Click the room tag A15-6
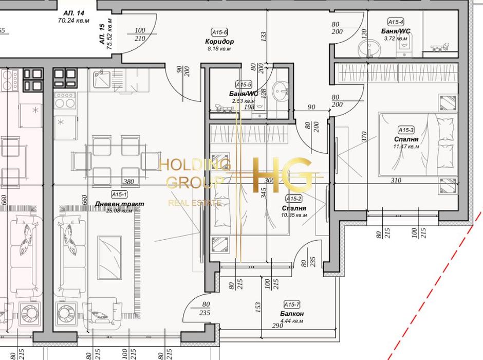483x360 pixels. [220, 32]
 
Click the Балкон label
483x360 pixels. [292, 313]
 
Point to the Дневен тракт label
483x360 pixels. [120, 204]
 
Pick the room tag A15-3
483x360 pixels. [406, 130]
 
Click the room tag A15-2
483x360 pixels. [294, 199]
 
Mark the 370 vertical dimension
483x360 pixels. [364, 136]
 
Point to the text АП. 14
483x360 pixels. [73, 14]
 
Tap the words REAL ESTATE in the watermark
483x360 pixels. [195, 203]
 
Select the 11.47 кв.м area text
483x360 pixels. [406, 147]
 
